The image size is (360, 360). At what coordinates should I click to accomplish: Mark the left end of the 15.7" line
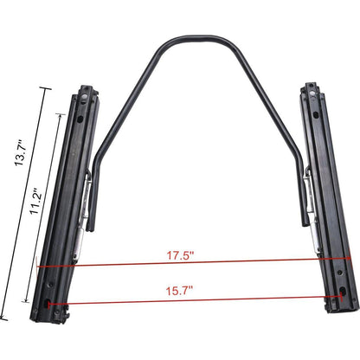point(49,304)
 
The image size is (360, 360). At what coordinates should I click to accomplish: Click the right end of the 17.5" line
point(350,259)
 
